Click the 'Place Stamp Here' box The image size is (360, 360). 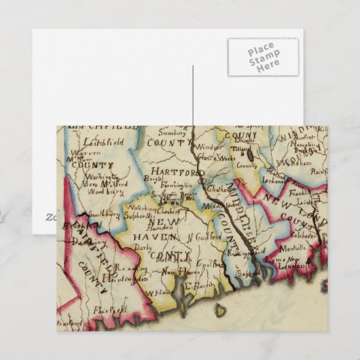point(262,56)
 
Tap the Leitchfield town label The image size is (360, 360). point(102,143)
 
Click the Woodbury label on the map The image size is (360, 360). point(101,192)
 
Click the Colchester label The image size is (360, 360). point(306,237)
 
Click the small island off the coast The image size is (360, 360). point(221,311)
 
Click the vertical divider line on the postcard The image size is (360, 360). point(192,95)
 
